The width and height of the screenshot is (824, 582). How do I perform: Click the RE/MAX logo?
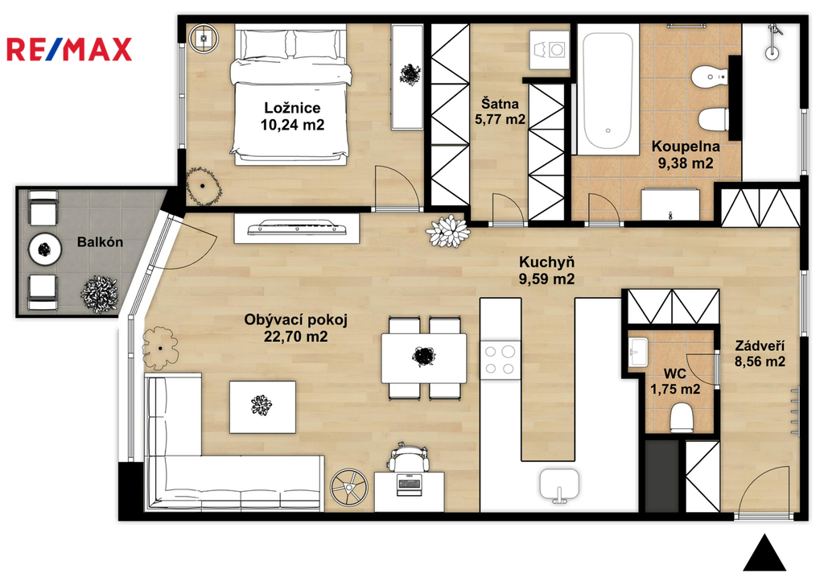[x=69, y=49]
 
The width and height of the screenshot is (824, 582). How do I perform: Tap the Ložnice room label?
[x=292, y=108]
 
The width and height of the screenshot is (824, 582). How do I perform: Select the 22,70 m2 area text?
[x=296, y=336]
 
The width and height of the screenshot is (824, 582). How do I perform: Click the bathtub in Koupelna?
[x=608, y=89]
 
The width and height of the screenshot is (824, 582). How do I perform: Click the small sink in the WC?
[x=638, y=351]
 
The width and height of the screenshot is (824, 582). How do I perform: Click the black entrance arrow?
[x=764, y=553]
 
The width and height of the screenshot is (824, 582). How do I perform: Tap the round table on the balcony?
[x=45, y=250]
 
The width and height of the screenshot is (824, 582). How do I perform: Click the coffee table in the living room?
[x=262, y=407]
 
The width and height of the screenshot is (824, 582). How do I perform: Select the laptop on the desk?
[x=410, y=485]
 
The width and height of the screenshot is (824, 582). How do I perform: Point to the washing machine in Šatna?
[x=549, y=51]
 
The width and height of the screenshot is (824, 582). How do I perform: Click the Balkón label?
[x=100, y=242]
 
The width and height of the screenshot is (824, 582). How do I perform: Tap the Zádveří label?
[x=760, y=346]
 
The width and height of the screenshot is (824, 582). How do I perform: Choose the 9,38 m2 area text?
[x=686, y=163]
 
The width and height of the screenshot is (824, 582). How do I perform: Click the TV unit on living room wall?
[x=296, y=228]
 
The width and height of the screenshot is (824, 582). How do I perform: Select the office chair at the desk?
[x=408, y=456]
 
